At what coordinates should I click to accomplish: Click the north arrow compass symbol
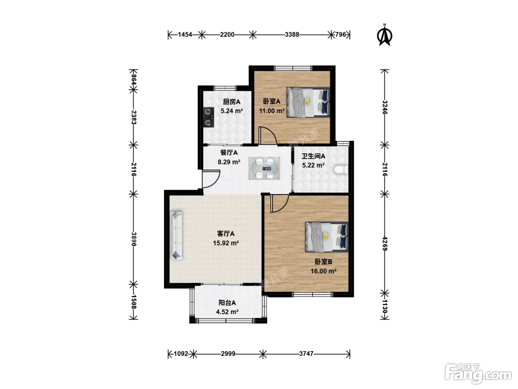pos(384,36)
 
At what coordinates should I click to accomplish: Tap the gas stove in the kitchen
pos(209,117)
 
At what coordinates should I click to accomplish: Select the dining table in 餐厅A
pos(264,168)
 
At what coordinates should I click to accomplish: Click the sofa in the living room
pos(176,236)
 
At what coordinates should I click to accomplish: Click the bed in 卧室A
pos(308,103)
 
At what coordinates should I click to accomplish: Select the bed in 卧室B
pos(327,237)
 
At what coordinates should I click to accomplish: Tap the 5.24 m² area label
pos(232,111)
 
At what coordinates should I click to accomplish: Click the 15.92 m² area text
pos(226,243)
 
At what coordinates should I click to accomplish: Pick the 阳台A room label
pos(227,303)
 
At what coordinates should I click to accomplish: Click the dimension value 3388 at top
pos(292,35)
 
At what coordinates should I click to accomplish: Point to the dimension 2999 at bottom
pos(228,354)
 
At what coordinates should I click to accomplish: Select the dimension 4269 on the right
pos(385,243)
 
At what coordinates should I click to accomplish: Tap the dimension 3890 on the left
pos(134,239)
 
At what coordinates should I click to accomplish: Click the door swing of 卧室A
pos(268,136)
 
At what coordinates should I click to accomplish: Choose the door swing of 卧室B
pos(280,203)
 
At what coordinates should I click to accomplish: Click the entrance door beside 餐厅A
pos(211,179)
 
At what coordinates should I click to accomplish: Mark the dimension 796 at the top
pos(340,35)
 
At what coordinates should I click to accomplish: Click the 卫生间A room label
pos(313,156)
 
